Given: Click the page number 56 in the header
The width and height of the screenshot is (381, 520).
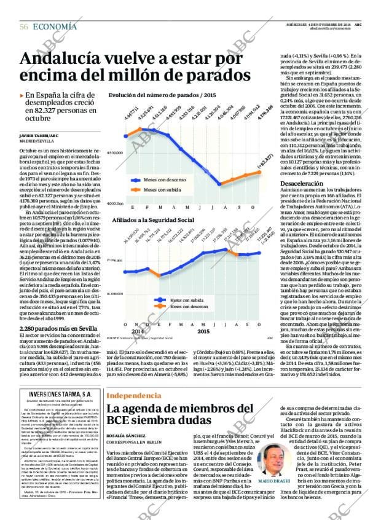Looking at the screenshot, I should (x=23, y=26).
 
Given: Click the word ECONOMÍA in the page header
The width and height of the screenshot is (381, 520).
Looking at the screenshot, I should (x=55, y=26).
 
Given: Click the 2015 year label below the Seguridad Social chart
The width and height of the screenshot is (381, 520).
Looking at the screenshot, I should (x=203, y=331).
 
